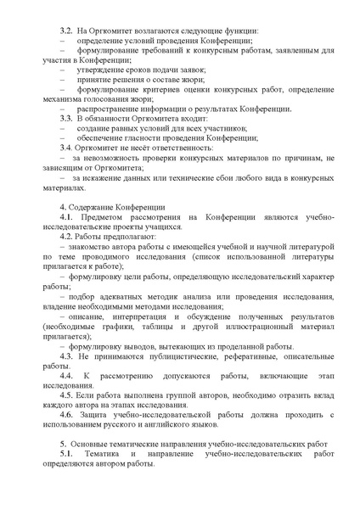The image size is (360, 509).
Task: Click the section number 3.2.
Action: [x=65, y=31]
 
